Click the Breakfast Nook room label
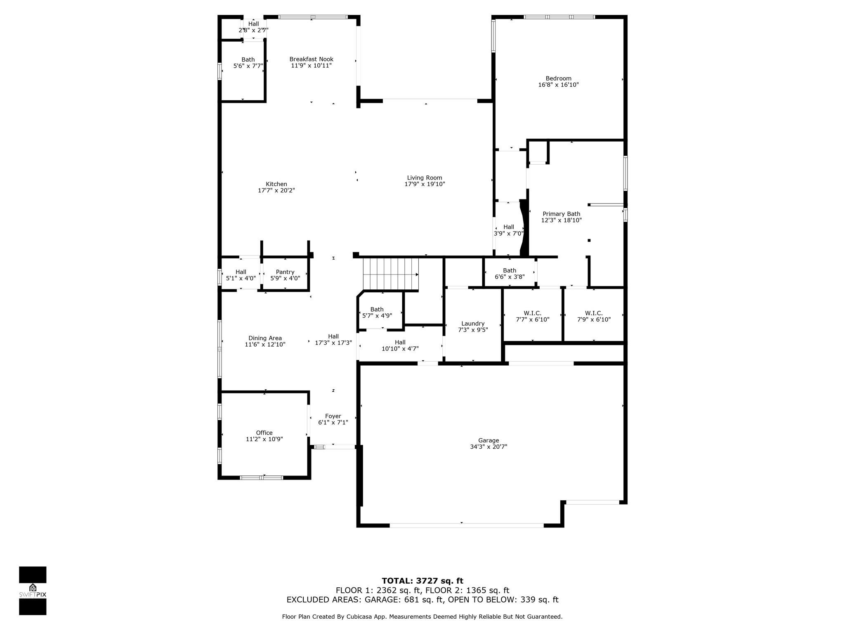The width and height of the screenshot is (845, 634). coord(311,59)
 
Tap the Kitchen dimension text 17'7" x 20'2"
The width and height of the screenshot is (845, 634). coord(276,191)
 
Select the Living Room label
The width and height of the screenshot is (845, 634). coord(425,178)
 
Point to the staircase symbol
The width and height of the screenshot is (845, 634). coord(390,274)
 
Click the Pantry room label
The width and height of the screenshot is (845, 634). coord(285,272)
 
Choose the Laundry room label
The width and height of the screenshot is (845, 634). coord(473,324)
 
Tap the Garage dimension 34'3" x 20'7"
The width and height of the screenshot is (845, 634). coord(489,447)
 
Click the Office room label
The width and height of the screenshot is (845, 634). coord(264,433)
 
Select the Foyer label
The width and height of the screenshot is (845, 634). coord(333,416)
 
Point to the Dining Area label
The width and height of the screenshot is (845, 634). coord(265,338)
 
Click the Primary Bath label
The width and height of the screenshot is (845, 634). coord(561,214)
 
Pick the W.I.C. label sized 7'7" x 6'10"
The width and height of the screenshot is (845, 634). coord(533,313)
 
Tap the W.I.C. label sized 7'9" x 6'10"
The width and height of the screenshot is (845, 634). coord(594,313)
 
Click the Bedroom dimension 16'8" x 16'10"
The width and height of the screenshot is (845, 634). coord(558,85)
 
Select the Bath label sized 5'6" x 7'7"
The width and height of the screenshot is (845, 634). coord(248,60)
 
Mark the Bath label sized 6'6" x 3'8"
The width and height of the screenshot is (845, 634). coord(510,271)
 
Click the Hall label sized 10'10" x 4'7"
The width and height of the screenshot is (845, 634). coord(400,342)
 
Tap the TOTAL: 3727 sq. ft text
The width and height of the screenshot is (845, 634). coord(422,581)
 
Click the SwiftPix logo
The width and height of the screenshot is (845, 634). coord(33,590)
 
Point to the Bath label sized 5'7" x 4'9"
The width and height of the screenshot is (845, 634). coord(377,310)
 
